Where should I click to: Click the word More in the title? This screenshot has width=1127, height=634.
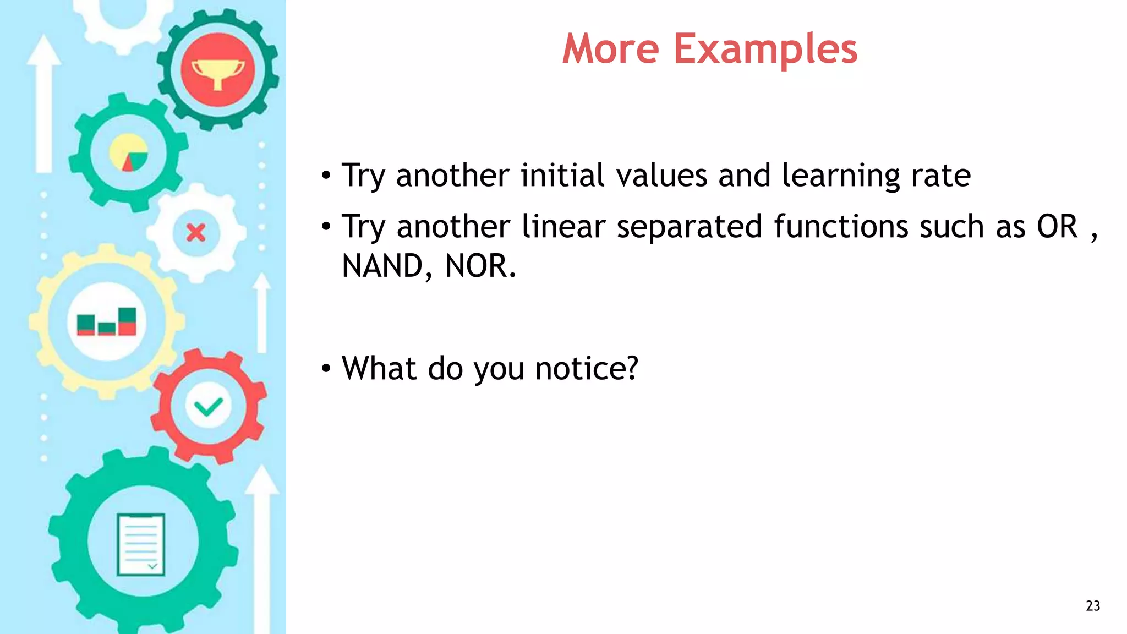point(610,50)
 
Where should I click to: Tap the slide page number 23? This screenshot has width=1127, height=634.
point(1092,606)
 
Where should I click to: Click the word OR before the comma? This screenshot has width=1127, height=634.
point(1057,226)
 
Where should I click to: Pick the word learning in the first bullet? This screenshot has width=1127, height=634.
point(840,176)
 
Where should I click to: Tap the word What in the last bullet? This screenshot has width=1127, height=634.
point(379,368)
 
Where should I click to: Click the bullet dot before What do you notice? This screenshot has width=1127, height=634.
point(326,369)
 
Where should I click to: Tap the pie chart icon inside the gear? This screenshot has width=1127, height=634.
point(128,152)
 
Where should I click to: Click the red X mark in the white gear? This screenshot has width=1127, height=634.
point(196,233)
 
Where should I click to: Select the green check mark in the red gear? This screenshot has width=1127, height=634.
point(208,407)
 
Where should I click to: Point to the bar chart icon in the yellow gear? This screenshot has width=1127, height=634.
point(106,322)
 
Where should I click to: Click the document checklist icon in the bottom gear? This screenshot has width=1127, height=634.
point(141,544)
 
